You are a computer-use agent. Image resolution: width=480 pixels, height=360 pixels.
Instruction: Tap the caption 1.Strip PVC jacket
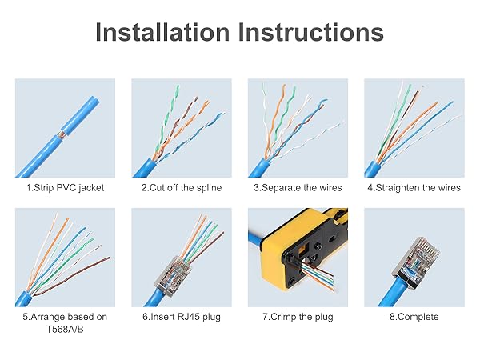point(65,188)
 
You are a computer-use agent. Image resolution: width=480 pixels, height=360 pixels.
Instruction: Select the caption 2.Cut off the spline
point(182,188)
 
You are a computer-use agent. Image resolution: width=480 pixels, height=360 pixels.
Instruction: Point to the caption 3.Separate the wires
point(298,188)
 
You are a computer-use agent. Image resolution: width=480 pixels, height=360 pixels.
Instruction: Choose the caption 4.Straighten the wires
point(414,188)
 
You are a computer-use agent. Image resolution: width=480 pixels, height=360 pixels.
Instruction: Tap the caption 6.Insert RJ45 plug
point(182,317)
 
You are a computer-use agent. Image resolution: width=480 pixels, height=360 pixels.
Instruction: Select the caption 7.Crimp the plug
point(298,317)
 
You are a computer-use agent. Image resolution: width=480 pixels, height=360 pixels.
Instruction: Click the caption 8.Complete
point(414,317)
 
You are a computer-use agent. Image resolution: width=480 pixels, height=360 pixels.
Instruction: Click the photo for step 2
point(182,128)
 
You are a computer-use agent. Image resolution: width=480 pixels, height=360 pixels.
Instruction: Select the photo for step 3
point(298,128)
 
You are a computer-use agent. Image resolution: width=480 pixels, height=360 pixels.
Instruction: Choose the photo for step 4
point(414,128)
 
